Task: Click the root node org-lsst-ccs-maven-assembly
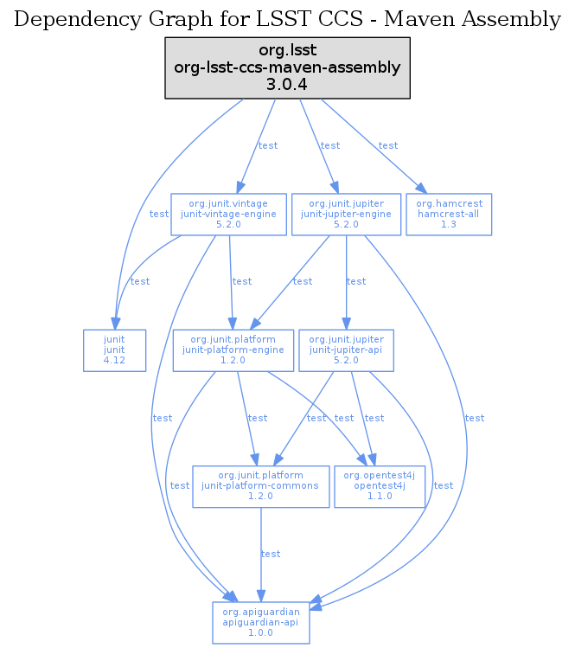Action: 287,67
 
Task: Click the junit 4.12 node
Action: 114,350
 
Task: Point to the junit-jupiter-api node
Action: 346,350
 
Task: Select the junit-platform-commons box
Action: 260,486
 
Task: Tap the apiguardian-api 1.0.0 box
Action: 260,621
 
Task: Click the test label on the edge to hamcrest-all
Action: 388,145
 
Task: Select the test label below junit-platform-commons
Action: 271,554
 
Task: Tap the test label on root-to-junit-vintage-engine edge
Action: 268,145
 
